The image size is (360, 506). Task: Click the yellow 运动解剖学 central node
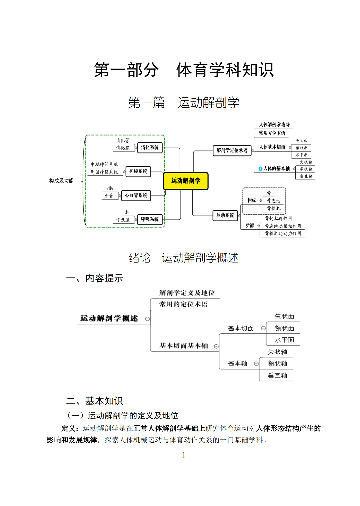click(x=185, y=181)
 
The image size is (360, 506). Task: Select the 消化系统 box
click(x=150, y=148)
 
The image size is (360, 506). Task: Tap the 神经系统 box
click(x=138, y=171)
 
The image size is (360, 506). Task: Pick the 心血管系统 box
click(x=136, y=195)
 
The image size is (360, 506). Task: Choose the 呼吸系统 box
click(x=150, y=219)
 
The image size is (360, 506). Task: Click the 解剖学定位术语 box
click(x=232, y=150)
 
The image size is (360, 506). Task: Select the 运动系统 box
click(x=225, y=215)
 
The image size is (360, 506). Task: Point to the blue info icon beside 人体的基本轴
click(x=260, y=169)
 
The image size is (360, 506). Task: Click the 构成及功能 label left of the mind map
click(x=61, y=181)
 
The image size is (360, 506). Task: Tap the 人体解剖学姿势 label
click(x=275, y=125)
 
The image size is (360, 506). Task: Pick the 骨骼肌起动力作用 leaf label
click(x=283, y=233)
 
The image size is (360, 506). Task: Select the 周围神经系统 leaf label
click(x=104, y=172)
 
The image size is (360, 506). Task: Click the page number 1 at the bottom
click(x=184, y=455)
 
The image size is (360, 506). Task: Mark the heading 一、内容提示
click(x=95, y=278)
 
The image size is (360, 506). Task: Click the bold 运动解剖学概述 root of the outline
click(x=109, y=319)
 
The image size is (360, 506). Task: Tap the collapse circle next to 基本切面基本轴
click(x=216, y=346)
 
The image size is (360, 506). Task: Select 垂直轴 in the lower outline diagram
click(x=277, y=375)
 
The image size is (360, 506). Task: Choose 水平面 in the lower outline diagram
click(x=284, y=340)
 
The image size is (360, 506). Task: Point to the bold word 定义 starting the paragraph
click(x=68, y=428)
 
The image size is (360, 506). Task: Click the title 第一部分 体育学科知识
click(x=184, y=70)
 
